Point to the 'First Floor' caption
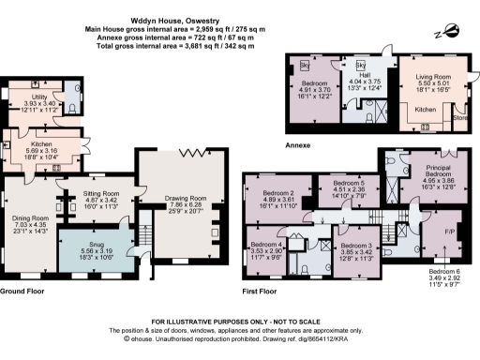tap(262, 292)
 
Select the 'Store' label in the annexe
tap(459, 118)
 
